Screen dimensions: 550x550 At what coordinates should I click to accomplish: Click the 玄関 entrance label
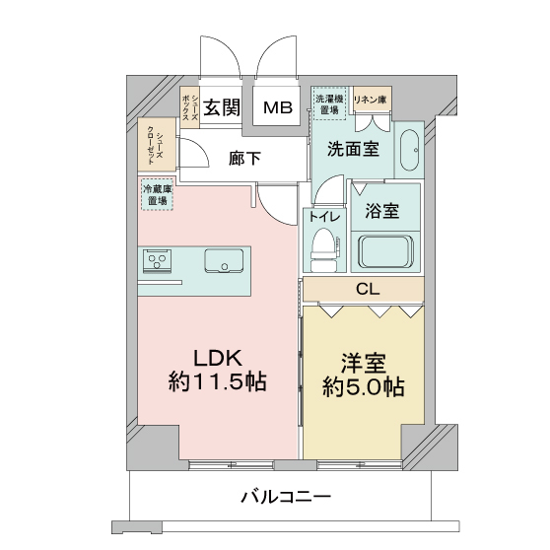(x=223, y=106)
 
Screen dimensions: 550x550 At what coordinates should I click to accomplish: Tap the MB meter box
(x=277, y=107)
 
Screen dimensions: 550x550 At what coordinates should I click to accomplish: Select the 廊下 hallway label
(x=245, y=158)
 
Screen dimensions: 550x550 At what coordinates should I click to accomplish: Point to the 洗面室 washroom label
(x=353, y=150)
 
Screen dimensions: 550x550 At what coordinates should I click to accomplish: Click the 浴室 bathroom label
(x=381, y=210)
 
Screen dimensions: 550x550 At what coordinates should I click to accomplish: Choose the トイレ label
(x=323, y=217)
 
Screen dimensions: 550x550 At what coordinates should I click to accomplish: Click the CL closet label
(x=367, y=290)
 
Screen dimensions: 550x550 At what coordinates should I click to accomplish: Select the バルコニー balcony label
(x=286, y=496)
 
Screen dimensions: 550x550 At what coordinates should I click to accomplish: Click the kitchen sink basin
(x=225, y=262)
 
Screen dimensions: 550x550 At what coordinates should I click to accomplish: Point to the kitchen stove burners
(x=157, y=262)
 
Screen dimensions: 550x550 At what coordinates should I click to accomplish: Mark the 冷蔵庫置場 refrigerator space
(x=157, y=194)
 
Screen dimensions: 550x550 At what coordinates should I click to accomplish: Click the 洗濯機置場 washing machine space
(x=329, y=103)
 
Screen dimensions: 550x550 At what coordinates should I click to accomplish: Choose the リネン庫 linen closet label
(x=372, y=99)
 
